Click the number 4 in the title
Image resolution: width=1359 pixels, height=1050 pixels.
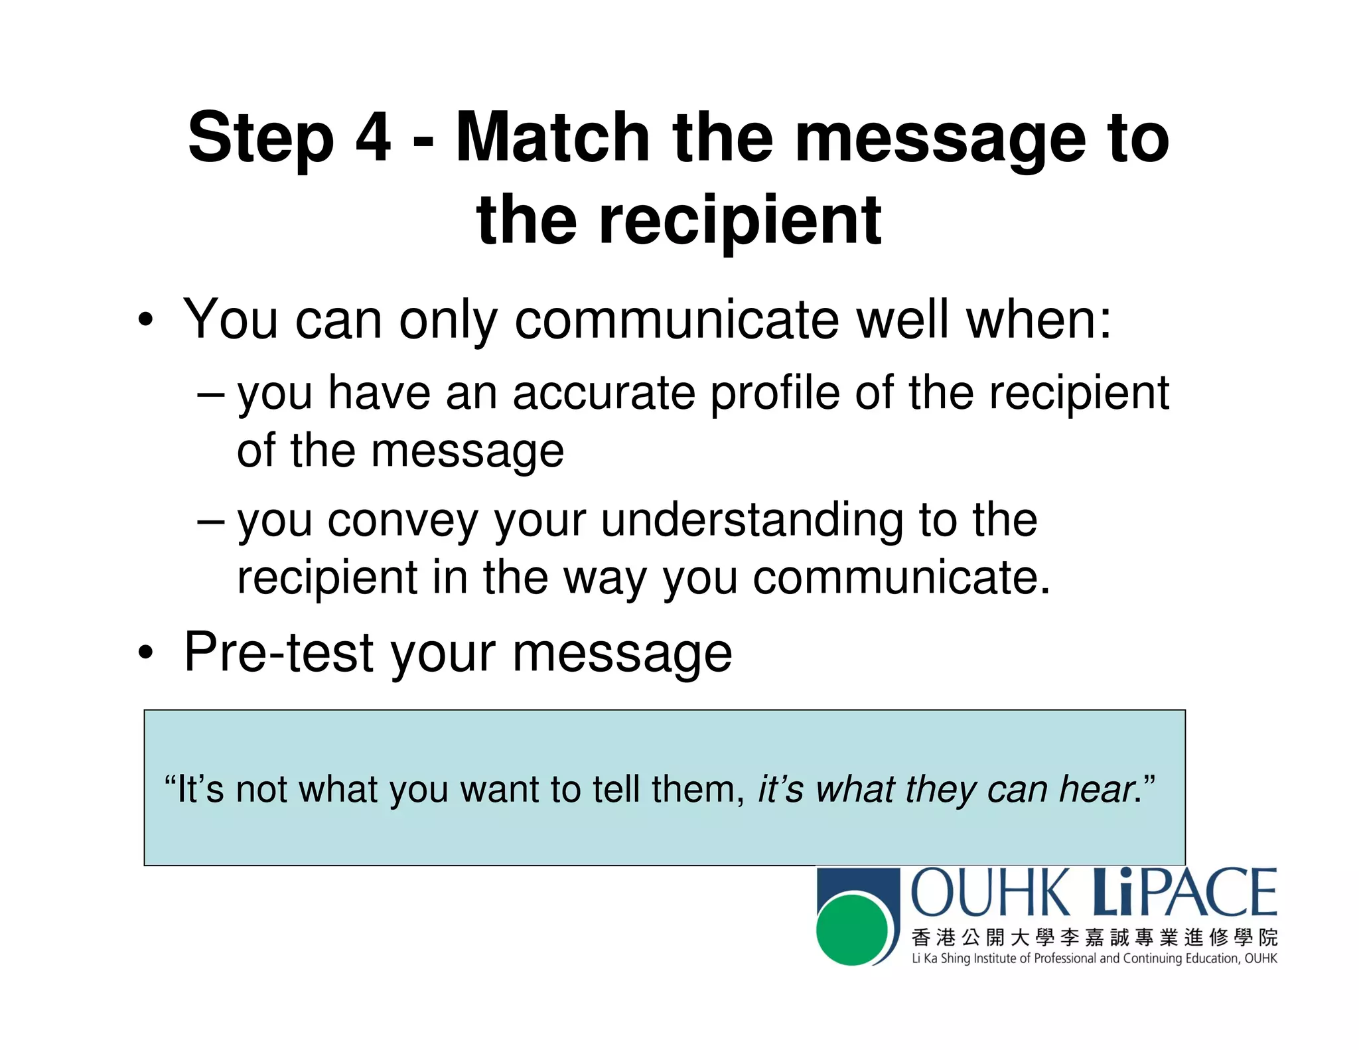[x=374, y=137]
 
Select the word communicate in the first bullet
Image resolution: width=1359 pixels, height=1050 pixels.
[x=678, y=321]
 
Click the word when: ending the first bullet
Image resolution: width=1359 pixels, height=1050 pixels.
[x=1038, y=321]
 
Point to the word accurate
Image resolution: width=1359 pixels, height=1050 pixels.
[x=603, y=393]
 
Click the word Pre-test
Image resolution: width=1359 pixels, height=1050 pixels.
[x=278, y=653]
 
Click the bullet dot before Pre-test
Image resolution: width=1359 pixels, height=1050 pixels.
[x=146, y=654]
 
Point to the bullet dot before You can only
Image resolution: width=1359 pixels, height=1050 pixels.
[x=146, y=321]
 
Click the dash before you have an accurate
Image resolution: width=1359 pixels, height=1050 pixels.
[x=211, y=394]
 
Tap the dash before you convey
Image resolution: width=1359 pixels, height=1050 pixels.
[x=211, y=520]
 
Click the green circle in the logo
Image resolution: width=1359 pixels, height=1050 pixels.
[x=852, y=929]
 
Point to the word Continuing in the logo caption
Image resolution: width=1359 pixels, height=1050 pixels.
[x=1151, y=958]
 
